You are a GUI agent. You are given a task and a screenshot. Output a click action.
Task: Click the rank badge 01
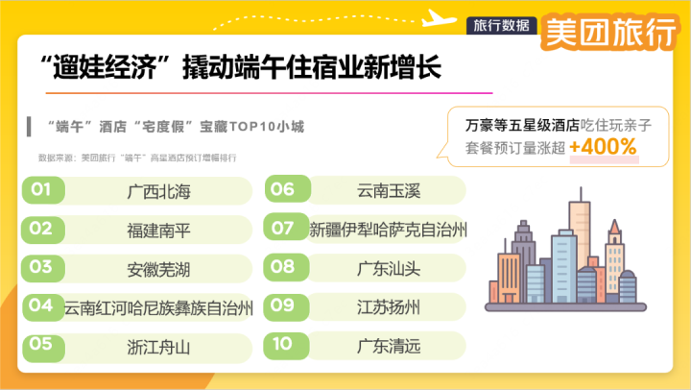43,190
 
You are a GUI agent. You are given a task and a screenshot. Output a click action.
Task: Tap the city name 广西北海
158,191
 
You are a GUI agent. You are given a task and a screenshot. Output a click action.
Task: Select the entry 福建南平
158,231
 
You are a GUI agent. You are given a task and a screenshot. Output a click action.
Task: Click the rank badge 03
43,268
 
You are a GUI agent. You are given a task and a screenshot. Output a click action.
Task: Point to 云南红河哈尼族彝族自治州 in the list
158,308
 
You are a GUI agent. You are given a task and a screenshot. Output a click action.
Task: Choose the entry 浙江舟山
158,347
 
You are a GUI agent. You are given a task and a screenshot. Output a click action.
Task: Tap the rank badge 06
287,189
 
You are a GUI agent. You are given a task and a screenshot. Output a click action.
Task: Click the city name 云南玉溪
389,191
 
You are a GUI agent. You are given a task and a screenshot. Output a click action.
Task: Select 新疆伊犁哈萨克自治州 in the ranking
389,230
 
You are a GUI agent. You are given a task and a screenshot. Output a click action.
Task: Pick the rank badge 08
286,267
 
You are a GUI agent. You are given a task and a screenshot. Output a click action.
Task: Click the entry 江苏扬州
389,307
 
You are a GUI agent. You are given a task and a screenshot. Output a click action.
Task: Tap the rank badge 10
286,345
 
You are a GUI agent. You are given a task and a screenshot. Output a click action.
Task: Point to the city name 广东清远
389,346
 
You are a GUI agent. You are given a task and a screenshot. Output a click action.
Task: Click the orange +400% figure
603,146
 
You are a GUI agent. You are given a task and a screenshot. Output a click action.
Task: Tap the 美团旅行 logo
609,32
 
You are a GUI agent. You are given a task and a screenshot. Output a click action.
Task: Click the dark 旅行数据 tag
502,26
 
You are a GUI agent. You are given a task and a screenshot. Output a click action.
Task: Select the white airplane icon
439,18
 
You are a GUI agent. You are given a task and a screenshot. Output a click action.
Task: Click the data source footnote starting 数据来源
137,158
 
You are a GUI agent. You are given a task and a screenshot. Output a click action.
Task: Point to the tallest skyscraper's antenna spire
581,194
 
